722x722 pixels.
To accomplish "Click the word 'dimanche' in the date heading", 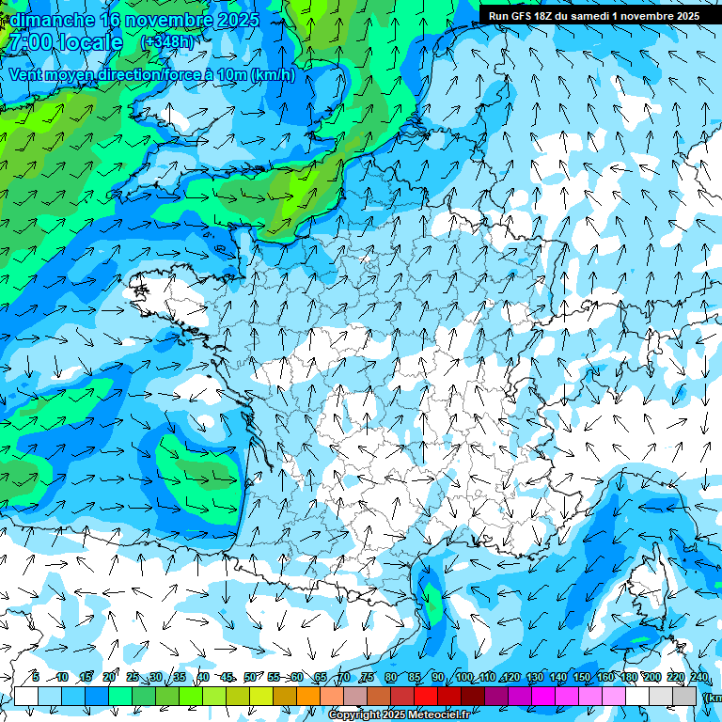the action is pos(52,19).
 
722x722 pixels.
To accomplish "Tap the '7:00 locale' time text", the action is pos(66,42).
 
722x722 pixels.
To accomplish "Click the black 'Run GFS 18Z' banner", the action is pos(592,16).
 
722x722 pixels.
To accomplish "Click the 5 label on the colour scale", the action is pos(36,677).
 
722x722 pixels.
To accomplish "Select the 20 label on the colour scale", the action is pos(109,677).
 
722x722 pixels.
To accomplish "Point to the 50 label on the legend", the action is pos(250,677).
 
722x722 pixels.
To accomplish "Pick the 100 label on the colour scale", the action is pos(463,677).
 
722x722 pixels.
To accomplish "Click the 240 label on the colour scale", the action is pos(698,677).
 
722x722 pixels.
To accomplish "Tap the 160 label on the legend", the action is pos(604,677).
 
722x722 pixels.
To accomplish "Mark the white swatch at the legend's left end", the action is pos(26,696).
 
